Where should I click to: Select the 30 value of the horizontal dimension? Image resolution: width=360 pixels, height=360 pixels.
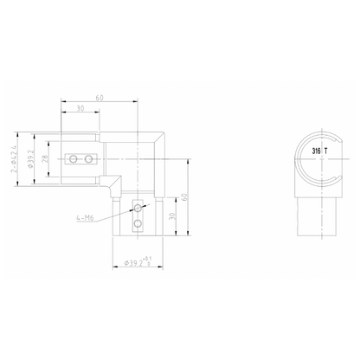(x=80, y=109)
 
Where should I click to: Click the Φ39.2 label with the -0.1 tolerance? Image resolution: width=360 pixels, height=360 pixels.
(x=137, y=262)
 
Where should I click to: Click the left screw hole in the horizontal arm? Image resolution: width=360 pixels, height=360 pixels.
(x=76, y=159)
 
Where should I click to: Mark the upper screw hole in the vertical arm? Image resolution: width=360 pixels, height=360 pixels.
(x=136, y=209)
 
